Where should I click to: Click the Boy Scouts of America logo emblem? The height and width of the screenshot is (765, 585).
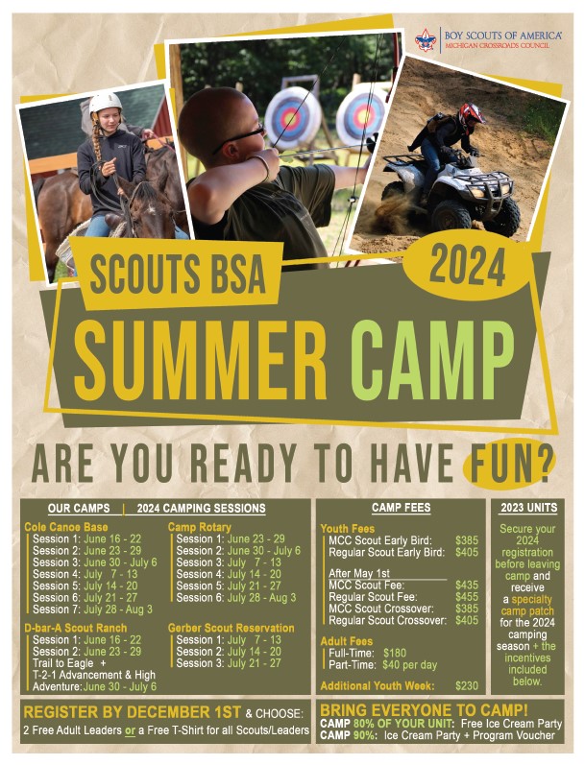coord(425,39)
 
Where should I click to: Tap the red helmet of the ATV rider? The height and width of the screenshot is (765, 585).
coord(470,116)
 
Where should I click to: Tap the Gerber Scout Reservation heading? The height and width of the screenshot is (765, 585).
coord(232,628)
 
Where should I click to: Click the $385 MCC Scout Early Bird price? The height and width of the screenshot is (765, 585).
coord(467,540)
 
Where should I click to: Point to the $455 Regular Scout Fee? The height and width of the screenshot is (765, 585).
coord(467,596)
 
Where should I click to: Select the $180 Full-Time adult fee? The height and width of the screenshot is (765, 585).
coord(394,652)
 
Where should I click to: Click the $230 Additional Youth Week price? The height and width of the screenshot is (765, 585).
coord(467,685)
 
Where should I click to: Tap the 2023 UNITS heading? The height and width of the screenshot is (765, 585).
coord(528,508)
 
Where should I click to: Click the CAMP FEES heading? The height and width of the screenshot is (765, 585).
coord(401,508)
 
